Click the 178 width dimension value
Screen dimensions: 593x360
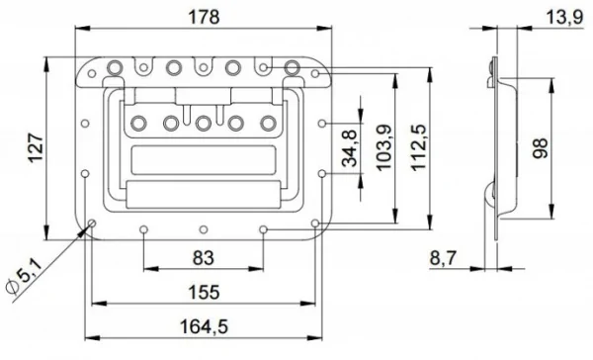[204, 17]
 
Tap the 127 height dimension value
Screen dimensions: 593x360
[37, 148]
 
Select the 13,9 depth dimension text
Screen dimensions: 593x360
[564, 18]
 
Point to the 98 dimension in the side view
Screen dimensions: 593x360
[541, 148]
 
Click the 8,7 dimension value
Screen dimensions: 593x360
[443, 259]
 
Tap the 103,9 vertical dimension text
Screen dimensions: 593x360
[383, 147]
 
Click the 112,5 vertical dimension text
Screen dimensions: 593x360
[419, 147]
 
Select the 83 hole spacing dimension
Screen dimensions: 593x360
[204, 258]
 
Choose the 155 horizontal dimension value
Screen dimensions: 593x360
[204, 292]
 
